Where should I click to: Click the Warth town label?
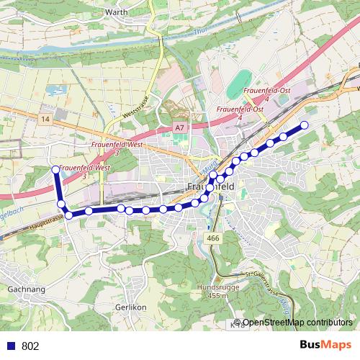[116, 12]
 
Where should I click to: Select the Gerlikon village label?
[131, 307]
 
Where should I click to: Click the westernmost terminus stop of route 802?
[55, 169]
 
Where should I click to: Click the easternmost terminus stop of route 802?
[304, 125]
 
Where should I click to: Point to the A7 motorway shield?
[179, 128]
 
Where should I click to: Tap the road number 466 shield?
[212, 238]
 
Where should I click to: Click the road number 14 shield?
[46, 118]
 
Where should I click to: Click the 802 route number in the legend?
[30, 346]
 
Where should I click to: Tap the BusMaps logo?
[326, 345]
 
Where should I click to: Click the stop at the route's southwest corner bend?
[68, 215]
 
